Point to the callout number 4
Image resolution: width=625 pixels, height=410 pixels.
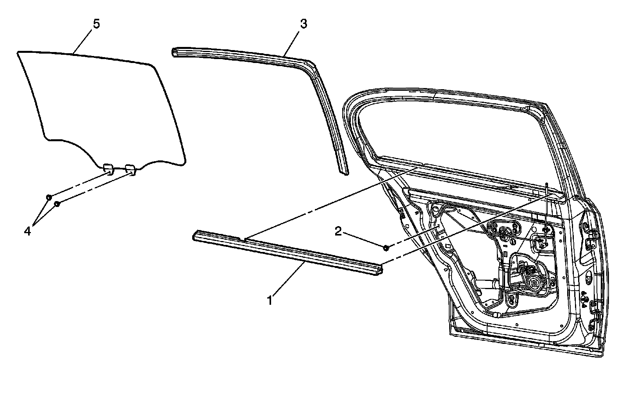(27, 231)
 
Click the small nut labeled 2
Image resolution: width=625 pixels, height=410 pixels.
(386, 247)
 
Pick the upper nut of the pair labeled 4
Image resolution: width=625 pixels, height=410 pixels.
(49, 197)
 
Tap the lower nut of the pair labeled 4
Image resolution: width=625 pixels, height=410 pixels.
(57, 204)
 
